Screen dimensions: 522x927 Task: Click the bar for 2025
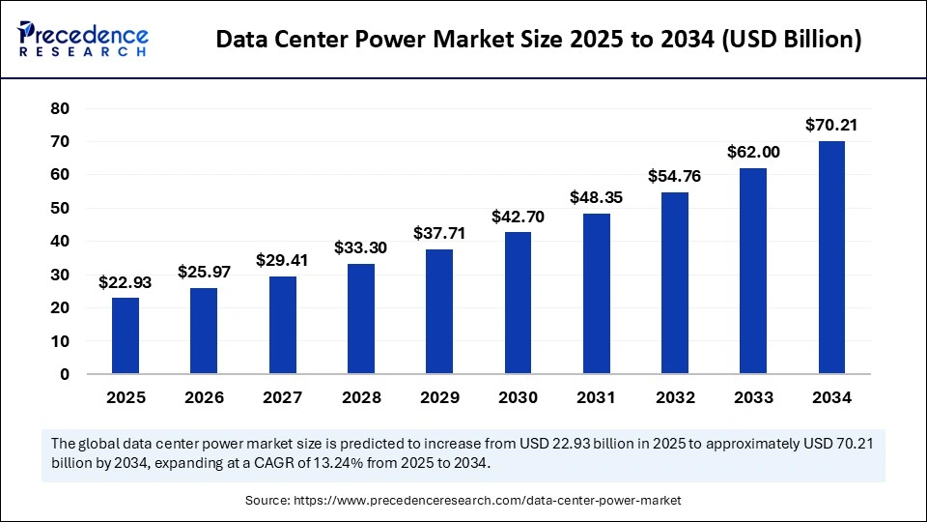pos(125,335)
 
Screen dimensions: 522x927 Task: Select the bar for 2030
pos(518,303)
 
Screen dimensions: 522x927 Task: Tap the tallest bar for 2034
pos(831,257)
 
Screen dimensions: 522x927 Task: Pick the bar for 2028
pos(361,318)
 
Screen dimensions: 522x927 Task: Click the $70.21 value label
pos(831,125)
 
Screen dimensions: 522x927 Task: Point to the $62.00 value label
pos(753,152)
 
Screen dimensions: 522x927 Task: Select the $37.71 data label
pos(439,233)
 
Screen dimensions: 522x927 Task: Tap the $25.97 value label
pos(204,272)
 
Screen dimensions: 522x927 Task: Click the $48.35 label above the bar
pos(596,197)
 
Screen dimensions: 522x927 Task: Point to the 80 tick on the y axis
pos(59,108)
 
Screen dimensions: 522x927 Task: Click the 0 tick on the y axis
pos(65,374)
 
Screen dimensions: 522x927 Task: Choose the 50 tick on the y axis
pos(59,208)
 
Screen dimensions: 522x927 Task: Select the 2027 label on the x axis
pos(282,397)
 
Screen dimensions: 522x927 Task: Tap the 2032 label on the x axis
pos(675,397)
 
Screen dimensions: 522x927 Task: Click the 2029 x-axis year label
pos(439,397)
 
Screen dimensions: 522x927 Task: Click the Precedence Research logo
pos(83,40)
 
